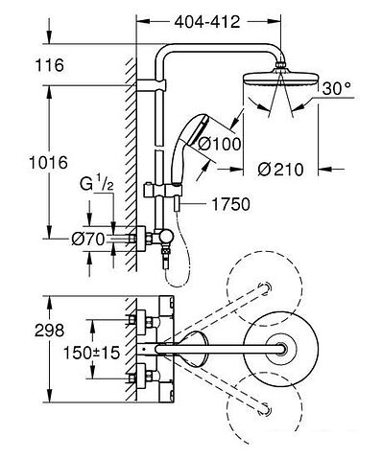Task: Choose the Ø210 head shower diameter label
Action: [284, 171]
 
